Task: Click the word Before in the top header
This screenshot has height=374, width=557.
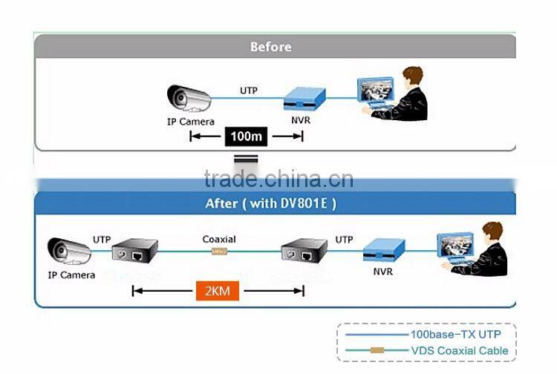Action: pyautogui.click(x=270, y=47)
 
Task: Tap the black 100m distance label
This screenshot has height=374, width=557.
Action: pyautogui.click(x=246, y=137)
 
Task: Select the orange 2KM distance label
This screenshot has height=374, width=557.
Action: pyautogui.click(x=217, y=290)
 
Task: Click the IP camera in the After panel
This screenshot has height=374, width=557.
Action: pyautogui.click(x=69, y=251)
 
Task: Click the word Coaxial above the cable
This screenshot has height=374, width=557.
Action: pyautogui.click(x=219, y=240)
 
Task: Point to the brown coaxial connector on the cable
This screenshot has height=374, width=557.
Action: pyautogui.click(x=219, y=252)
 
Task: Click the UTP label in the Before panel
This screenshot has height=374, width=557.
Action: pyautogui.click(x=249, y=91)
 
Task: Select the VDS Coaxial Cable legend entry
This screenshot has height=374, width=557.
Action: pyautogui.click(x=460, y=350)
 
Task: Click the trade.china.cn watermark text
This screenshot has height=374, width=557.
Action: pyautogui.click(x=278, y=179)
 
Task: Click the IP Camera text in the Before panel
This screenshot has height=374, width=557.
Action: pyautogui.click(x=190, y=122)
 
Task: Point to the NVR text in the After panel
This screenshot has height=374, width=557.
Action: pyautogui.click(x=383, y=272)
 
